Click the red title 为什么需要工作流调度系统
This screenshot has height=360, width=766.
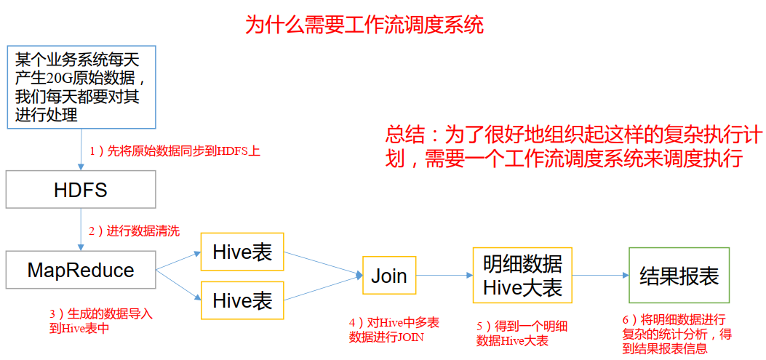click(x=364, y=25)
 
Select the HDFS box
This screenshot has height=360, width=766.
click(x=80, y=191)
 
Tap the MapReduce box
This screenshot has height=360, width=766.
click(x=80, y=271)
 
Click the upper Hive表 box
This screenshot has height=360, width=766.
click(x=242, y=252)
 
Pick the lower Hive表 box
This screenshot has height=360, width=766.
click(x=242, y=300)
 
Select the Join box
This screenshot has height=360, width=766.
click(x=389, y=276)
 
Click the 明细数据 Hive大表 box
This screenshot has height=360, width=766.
click(x=522, y=276)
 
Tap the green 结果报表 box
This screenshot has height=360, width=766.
click(x=678, y=276)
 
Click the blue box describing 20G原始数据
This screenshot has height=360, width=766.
click(x=80, y=87)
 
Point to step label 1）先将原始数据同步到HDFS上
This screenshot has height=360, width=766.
click(x=174, y=152)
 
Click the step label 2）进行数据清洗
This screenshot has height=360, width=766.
click(x=134, y=231)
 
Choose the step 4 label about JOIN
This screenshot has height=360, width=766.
click(x=394, y=329)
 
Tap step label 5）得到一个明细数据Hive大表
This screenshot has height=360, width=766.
click(x=517, y=334)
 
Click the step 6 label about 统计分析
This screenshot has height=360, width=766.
click(x=677, y=334)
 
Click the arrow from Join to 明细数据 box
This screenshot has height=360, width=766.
click(x=444, y=276)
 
